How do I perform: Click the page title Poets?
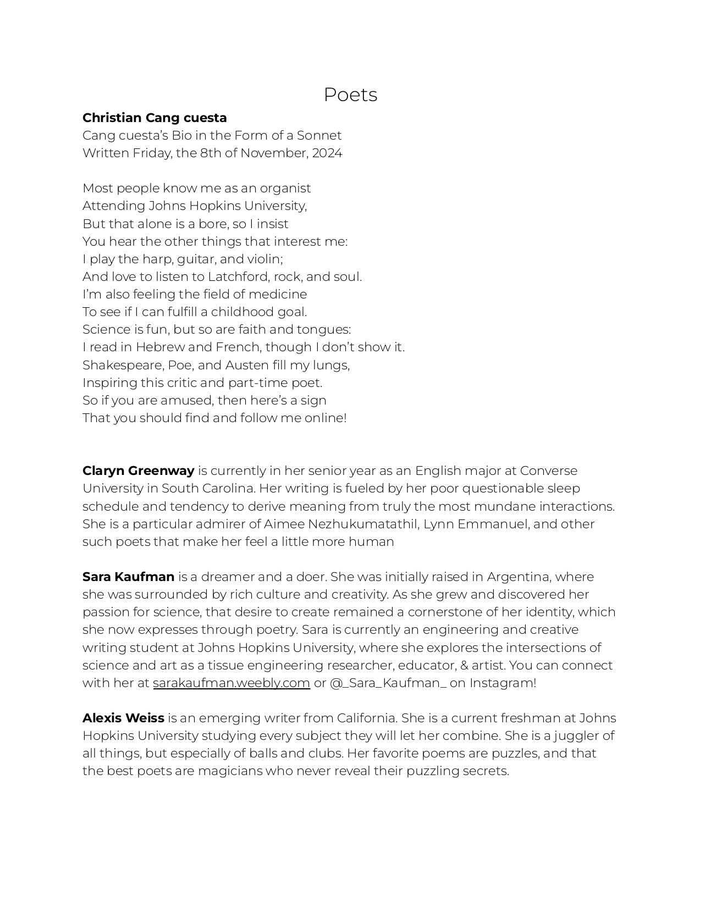click(350, 95)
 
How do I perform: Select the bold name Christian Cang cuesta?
click(154, 118)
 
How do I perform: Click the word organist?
click(285, 189)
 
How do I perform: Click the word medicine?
click(280, 295)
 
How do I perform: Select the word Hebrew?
click(160, 347)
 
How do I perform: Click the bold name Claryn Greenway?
click(138, 471)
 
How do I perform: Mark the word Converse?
click(549, 471)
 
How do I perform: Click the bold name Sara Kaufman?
click(128, 577)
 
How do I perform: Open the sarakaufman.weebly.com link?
click(231, 683)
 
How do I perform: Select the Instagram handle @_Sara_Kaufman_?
click(388, 683)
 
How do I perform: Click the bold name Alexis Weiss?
click(123, 718)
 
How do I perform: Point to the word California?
click(367, 718)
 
